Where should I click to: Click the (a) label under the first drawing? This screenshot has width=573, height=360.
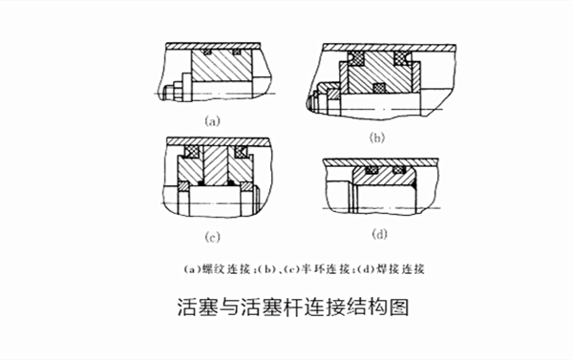click(x=213, y=121)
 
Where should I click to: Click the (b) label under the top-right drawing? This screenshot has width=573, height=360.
click(x=378, y=138)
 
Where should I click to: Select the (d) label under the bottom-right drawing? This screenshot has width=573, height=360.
click(x=380, y=231)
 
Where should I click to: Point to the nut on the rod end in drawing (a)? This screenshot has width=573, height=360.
click(x=172, y=92)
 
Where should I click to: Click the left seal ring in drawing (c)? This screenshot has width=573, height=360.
click(x=192, y=151)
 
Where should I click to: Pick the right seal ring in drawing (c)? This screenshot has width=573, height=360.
click(x=240, y=151)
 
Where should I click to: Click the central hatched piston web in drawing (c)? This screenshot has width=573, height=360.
click(x=216, y=167)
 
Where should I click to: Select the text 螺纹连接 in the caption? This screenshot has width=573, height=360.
click(x=238, y=268)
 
